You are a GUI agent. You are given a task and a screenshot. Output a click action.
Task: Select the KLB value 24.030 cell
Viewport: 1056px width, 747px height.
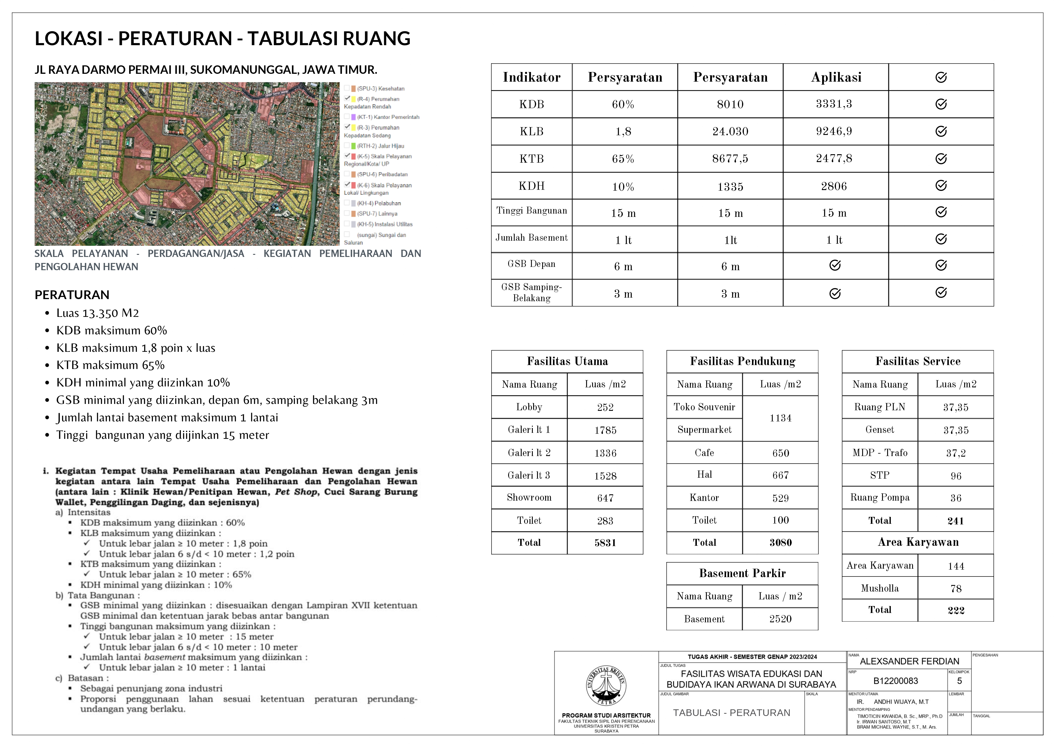[730, 132]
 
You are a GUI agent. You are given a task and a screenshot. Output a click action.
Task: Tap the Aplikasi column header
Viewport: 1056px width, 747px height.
[836, 77]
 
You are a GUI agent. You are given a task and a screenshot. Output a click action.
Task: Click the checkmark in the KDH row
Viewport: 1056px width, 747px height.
[941, 186]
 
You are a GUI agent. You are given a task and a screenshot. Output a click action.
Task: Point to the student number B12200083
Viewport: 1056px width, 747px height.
[896, 681]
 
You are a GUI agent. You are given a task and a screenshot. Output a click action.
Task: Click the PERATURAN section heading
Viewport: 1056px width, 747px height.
[72, 295]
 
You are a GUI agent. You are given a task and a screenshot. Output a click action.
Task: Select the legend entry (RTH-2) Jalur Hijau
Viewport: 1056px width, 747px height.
[380, 146]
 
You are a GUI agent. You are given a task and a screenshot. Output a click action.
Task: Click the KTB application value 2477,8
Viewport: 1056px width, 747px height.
[834, 159]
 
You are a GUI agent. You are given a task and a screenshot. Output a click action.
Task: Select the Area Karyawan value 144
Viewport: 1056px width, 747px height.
[956, 566]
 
